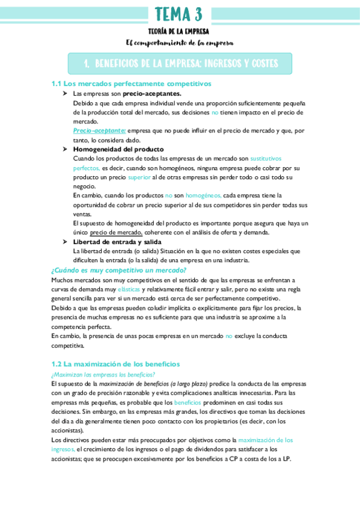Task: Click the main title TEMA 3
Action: click(x=179, y=14)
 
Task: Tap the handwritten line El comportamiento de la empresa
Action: click(x=179, y=43)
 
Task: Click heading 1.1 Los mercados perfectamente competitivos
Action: click(x=131, y=84)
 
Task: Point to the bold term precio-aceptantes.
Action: click(x=151, y=94)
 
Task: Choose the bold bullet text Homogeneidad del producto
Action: click(x=118, y=149)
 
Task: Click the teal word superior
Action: click(x=139, y=177)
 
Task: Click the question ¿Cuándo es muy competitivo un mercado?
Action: click(x=110, y=270)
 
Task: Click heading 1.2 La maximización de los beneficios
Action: click(x=115, y=364)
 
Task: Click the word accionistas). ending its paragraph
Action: click(x=68, y=430)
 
